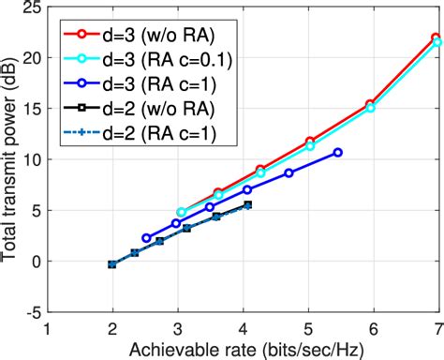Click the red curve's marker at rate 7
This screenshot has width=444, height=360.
pyautogui.click(x=437, y=37)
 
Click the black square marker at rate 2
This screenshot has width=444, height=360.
pyautogui.click(x=112, y=264)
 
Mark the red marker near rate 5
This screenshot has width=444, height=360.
pyautogui.click(x=310, y=142)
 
